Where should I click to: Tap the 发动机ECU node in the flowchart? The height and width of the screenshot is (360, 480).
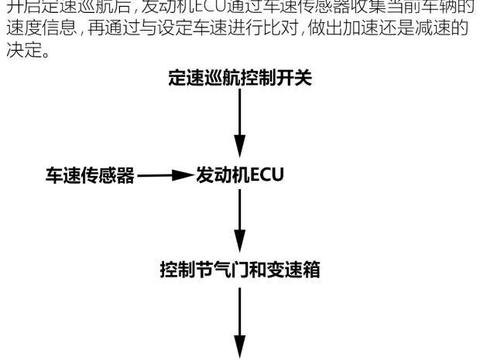(241, 176)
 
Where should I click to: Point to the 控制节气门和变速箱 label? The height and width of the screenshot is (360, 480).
(240, 270)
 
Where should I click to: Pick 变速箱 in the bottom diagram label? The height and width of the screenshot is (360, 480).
(297, 270)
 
